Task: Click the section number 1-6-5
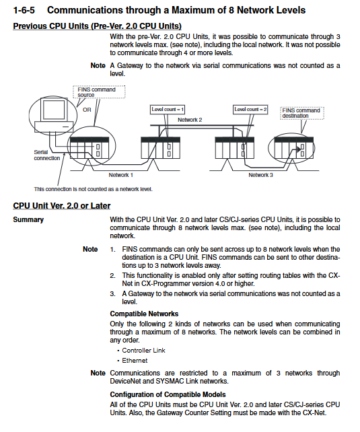(24, 10)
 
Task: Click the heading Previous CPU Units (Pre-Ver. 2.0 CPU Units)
(97, 26)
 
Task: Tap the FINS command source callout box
(99, 92)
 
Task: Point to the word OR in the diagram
(87, 110)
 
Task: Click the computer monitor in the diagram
(54, 110)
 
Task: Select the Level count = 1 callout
(168, 110)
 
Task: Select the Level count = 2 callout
(250, 110)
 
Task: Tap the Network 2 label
(190, 120)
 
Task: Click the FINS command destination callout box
(302, 113)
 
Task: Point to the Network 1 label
(120, 175)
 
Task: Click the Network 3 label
(260, 175)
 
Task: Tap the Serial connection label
(47, 155)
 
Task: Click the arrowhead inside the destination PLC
(299, 149)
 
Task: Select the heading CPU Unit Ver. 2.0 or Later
(62, 206)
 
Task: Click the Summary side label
(28, 219)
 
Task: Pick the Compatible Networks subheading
(144, 314)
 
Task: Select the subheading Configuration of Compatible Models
(168, 394)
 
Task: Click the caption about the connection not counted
(93, 189)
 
